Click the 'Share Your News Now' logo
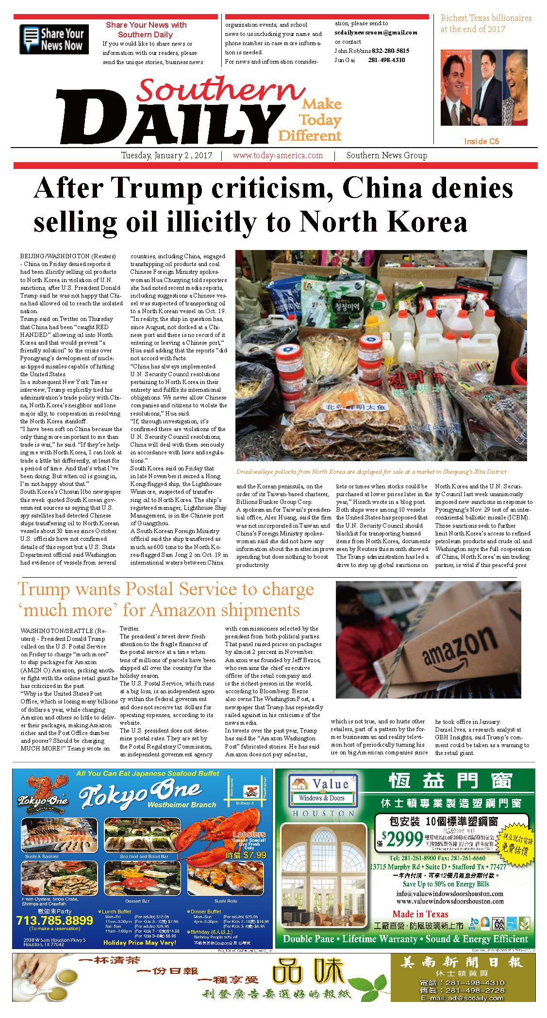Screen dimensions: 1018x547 pyautogui.click(x=54, y=39)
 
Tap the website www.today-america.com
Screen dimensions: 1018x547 pyautogui.click(x=278, y=156)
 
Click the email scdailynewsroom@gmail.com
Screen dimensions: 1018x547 pyautogui.click(x=376, y=33)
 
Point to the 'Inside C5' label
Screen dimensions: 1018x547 pyautogui.click(x=481, y=141)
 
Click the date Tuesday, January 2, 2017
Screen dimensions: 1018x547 pyautogui.click(x=166, y=156)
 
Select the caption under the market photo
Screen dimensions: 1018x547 pyautogui.click(x=371, y=472)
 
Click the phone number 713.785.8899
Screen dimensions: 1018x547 pyautogui.click(x=54, y=920)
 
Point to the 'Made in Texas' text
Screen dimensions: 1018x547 pyautogui.click(x=420, y=914)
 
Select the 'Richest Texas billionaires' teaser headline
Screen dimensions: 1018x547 pyautogui.click(x=485, y=23)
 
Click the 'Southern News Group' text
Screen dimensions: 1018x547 pyautogui.click(x=386, y=156)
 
